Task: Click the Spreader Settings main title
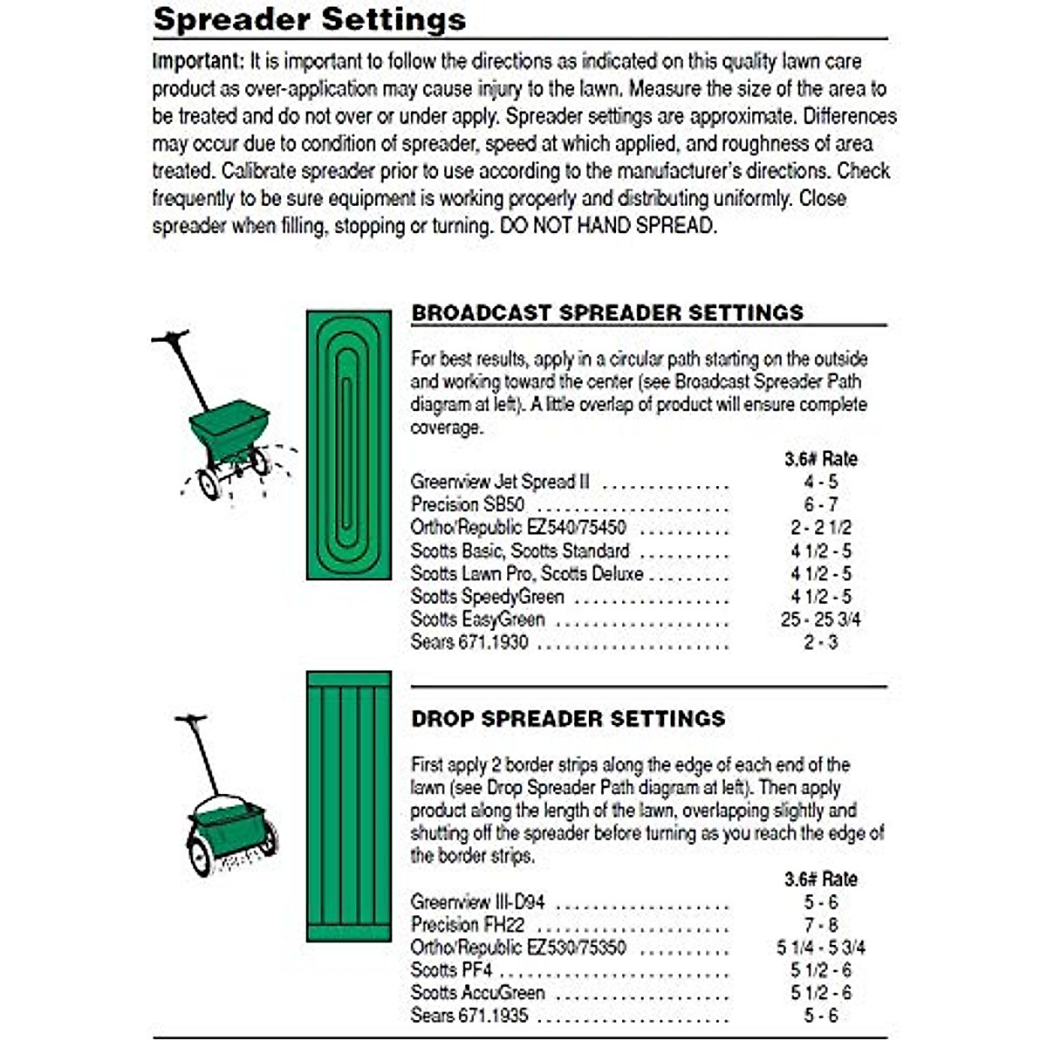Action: (309, 19)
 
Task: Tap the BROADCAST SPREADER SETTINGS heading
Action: (607, 312)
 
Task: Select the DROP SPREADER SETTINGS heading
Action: (568, 719)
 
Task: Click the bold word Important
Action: (197, 62)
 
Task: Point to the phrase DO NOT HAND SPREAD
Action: (607, 226)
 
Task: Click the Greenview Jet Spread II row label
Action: (500, 482)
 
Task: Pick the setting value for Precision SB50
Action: (820, 504)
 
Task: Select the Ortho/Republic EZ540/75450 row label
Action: (518, 528)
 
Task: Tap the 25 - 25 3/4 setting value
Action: (820, 619)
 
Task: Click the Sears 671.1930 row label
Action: (469, 642)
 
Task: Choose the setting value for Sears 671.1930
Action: (820, 642)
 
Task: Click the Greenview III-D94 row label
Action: (477, 901)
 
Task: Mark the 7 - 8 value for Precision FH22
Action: (820, 925)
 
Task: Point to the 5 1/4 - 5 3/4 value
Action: (820, 948)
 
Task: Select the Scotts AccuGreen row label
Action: (477, 993)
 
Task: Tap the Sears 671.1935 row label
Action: (469, 1016)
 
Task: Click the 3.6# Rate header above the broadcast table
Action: (820, 459)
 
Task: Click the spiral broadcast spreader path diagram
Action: (348, 444)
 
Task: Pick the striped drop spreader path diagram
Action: (348, 806)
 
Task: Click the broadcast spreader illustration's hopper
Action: (229, 427)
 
